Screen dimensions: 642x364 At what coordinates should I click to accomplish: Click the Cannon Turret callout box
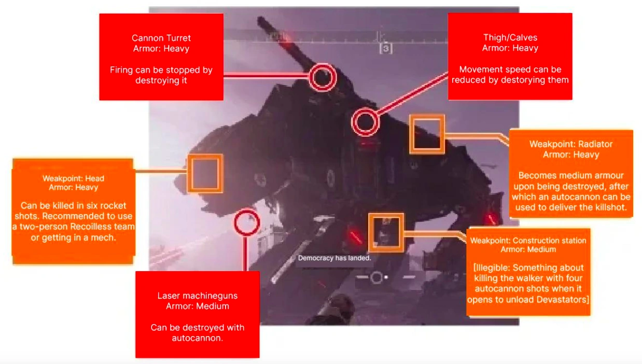[161, 57]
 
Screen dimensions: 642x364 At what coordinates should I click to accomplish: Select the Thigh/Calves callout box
[510, 56]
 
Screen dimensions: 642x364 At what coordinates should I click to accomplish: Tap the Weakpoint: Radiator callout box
[570, 173]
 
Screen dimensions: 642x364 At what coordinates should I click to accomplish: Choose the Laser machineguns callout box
[197, 314]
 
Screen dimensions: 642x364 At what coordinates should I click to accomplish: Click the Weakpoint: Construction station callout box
[528, 272]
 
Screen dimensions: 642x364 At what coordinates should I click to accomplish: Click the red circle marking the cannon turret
[323, 78]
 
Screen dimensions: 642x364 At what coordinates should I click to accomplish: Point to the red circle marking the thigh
[365, 123]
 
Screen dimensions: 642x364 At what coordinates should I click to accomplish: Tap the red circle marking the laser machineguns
[246, 223]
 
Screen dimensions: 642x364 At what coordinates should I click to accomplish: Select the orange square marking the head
[205, 173]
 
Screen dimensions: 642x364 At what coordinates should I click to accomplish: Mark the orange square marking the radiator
[427, 134]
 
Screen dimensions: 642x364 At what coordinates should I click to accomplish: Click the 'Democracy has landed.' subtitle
[334, 258]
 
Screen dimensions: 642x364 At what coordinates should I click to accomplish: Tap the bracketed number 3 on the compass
[385, 49]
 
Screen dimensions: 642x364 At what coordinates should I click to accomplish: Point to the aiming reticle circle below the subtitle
[376, 277]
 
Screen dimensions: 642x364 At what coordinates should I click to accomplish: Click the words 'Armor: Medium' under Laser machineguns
[198, 306]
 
